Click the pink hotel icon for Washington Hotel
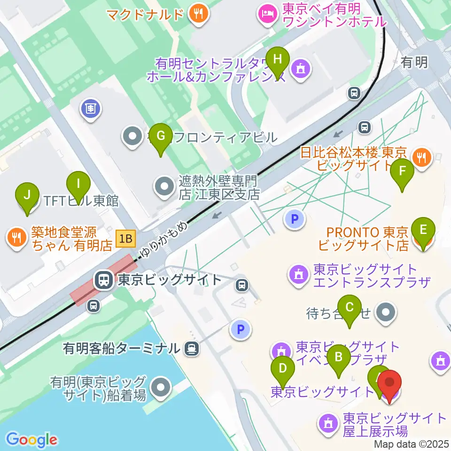tap(267, 13)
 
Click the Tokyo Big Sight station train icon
tap(102, 281)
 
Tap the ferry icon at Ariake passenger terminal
tap(191, 348)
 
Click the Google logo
tap(31, 440)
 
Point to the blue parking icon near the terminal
tap(241, 330)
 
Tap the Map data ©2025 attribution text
tap(412, 444)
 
